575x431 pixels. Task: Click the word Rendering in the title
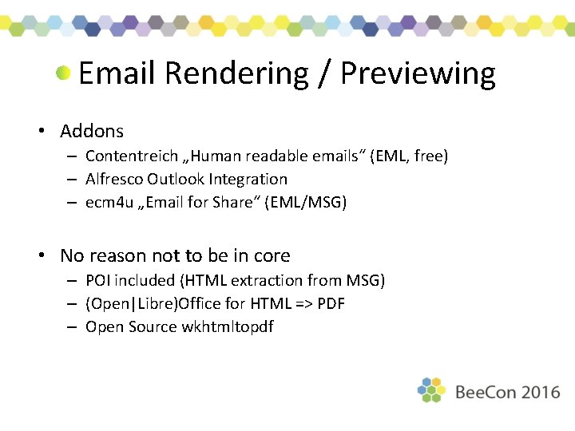point(236,74)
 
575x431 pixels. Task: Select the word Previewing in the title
point(418,74)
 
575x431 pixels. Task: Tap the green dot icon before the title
point(64,73)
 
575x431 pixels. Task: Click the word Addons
point(92,131)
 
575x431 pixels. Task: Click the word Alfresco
point(113,180)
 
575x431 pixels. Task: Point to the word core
point(272,256)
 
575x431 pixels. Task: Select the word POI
point(98,280)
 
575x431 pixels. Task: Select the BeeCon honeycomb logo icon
point(431,390)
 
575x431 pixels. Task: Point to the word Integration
point(248,180)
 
